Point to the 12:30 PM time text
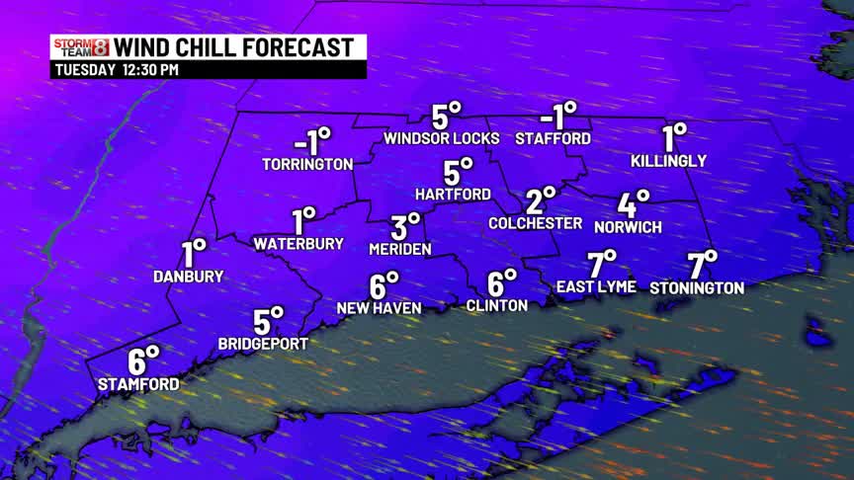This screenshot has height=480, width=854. coord(150,70)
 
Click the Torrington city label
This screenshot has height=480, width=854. coord(307,164)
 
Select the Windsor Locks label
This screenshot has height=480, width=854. coord(442,138)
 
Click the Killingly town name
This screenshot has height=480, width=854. coord(669,160)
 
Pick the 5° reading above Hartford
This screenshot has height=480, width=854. coord(459,171)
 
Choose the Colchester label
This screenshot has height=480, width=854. coord(536,223)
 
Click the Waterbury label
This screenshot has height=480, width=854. coord(299,243)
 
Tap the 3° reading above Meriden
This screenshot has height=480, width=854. coord(405,226)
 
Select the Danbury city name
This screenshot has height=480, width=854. coord(189,277)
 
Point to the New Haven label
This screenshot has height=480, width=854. coord(379,308)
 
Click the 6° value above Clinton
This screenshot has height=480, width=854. coord(501,282)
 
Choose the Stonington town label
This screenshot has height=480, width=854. coord(697,287)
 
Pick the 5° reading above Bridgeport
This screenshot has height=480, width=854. coord(268,321)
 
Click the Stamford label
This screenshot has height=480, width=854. coord(138,383)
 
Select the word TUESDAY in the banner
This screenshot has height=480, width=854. coord(83,70)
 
